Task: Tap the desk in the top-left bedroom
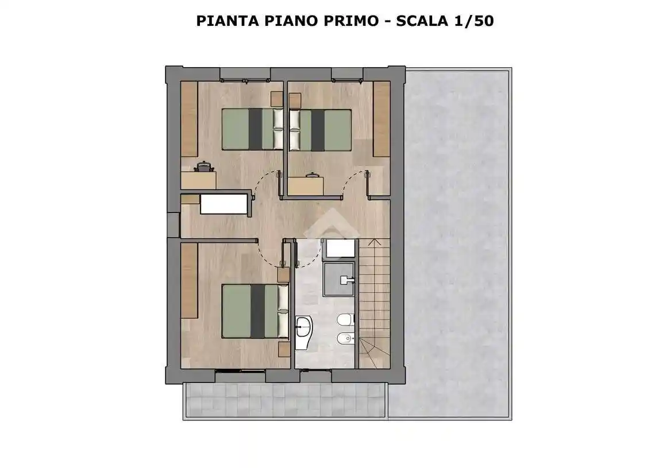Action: click(x=199, y=180)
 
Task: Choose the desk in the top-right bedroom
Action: click(x=306, y=185)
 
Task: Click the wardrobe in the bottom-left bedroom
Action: click(x=190, y=280)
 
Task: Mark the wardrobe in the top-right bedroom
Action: click(x=381, y=119)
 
